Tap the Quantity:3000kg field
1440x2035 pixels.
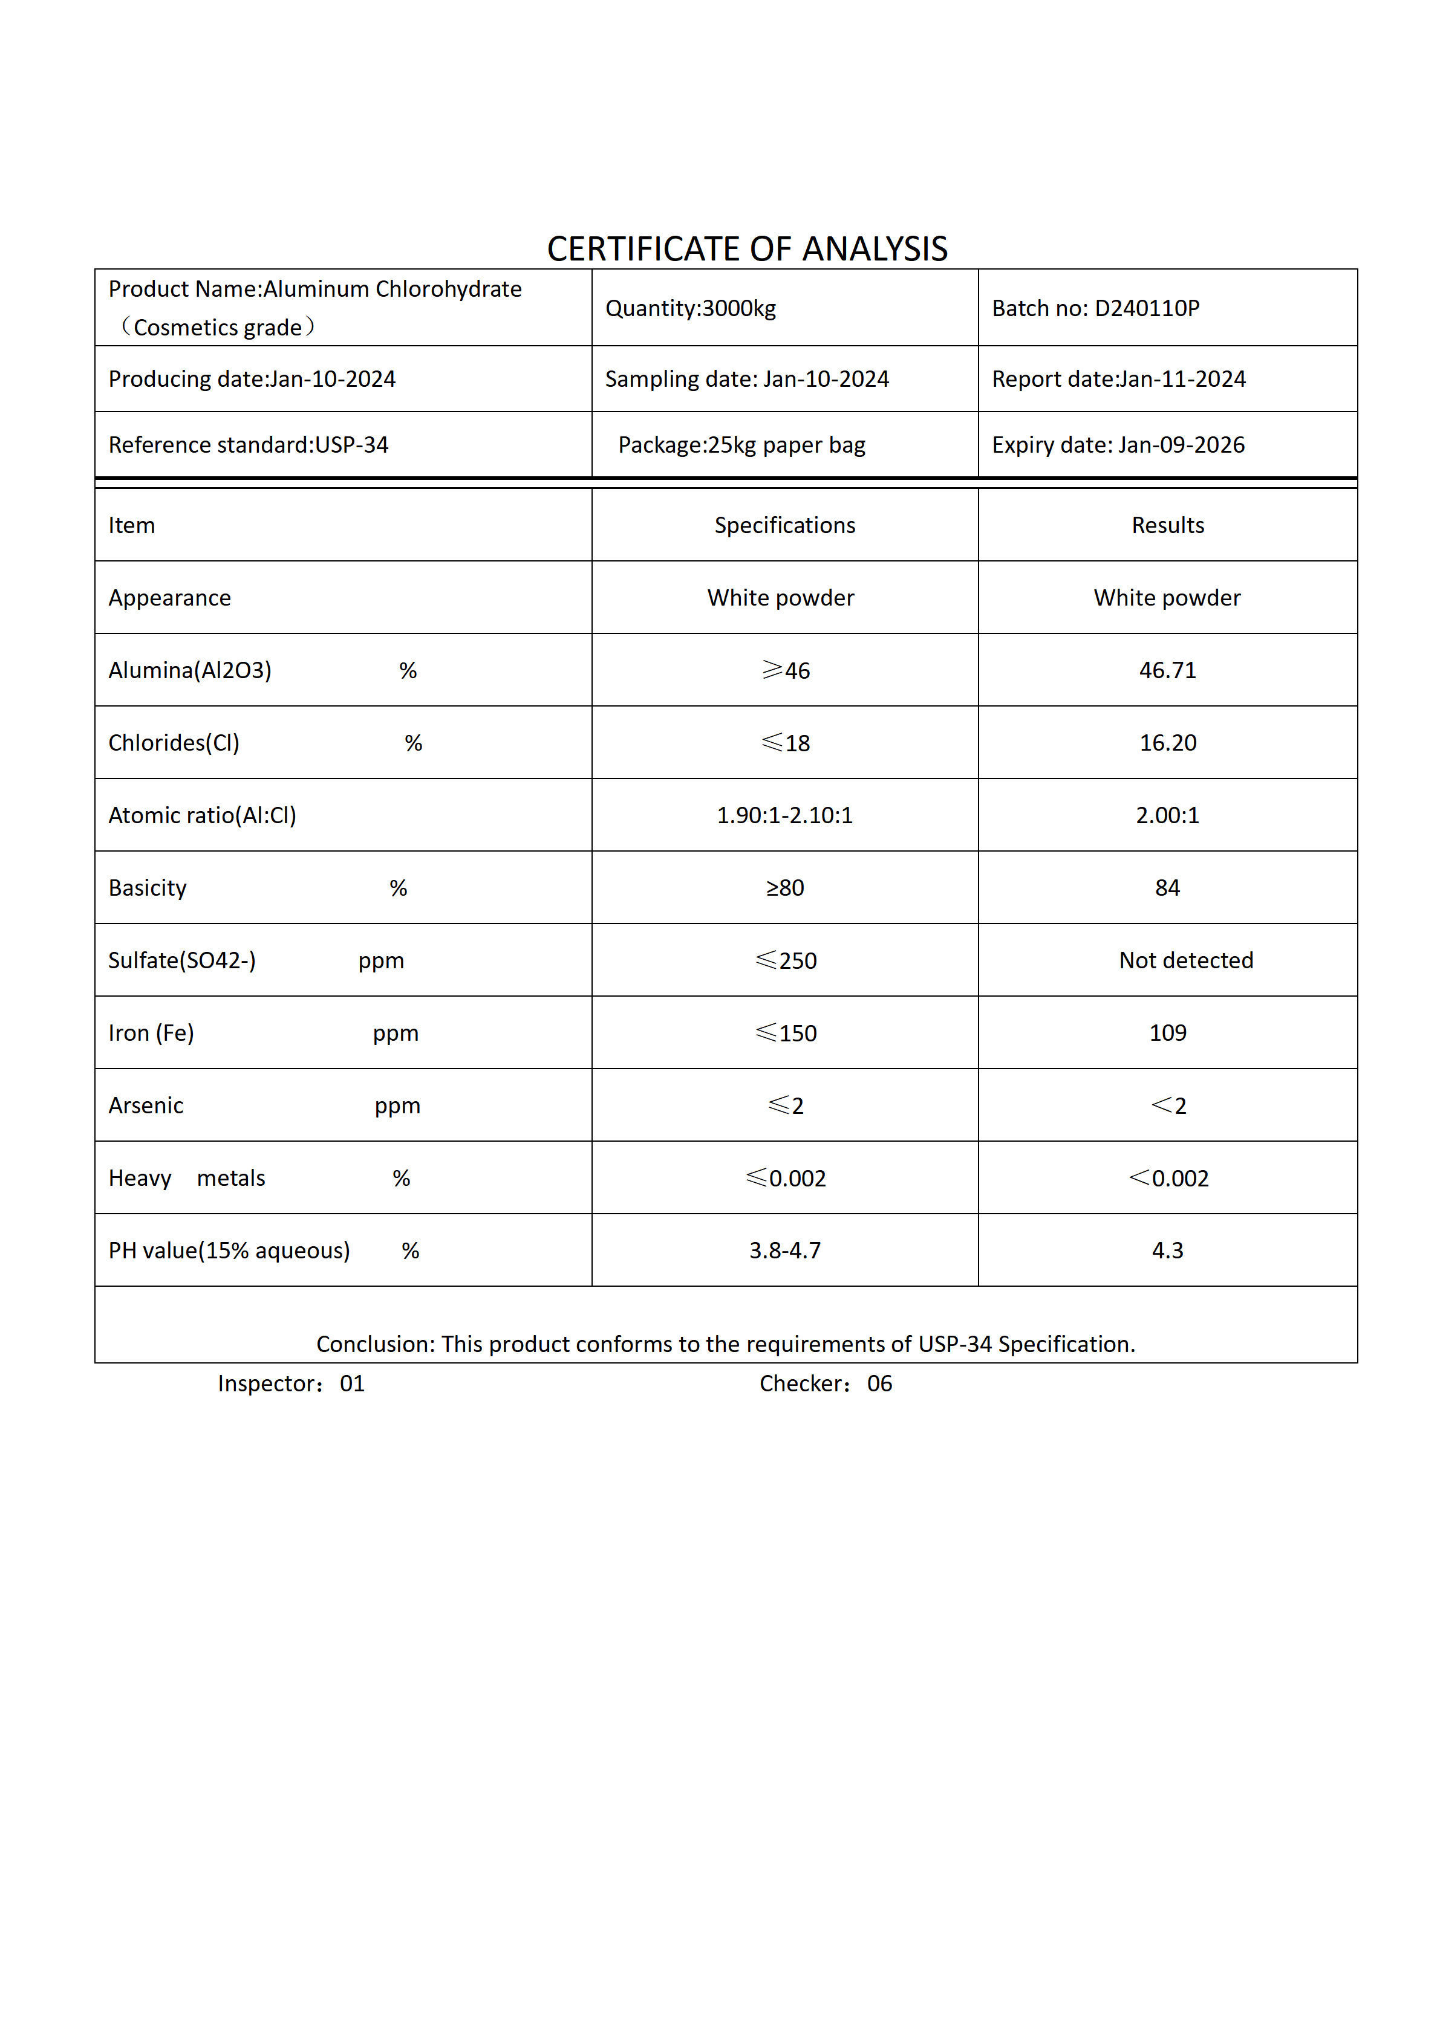[x=690, y=308]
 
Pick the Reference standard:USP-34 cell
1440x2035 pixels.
[x=249, y=445]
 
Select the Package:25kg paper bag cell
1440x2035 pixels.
[x=741, y=445]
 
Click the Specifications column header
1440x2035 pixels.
[x=785, y=526]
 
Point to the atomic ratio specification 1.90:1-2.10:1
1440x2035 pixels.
[x=785, y=815]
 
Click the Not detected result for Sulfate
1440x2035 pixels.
[x=1185, y=961]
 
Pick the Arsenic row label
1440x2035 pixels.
[x=146, y=1106]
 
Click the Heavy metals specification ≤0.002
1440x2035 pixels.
[x=786, y=1178]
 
